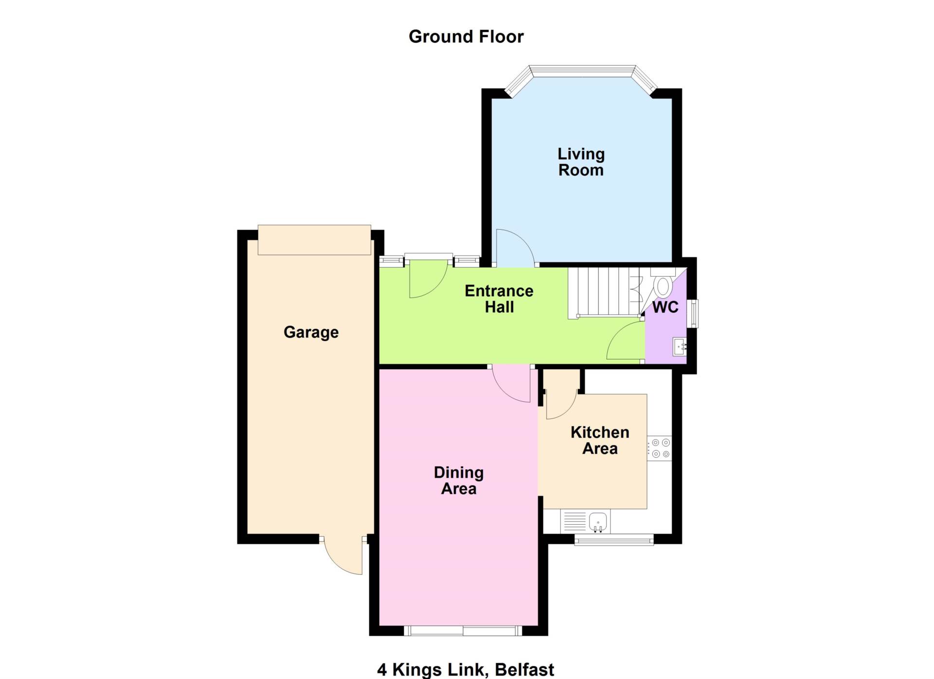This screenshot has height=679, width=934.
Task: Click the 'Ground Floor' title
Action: (x=466, y=36)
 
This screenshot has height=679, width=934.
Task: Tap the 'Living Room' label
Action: (x=581, y=162)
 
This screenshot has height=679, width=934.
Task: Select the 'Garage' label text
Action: (x=311, y=332)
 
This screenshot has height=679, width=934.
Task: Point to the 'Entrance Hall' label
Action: (x=499, y=299)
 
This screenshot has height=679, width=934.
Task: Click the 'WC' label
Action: (x=665, y=307)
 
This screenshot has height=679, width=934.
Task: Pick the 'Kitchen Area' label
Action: (x=600, y=440)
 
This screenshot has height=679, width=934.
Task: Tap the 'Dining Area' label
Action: (x=459, y=481)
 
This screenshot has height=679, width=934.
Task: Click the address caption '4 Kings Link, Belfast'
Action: (x=466, y=669)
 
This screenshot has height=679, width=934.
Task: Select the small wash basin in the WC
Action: (x=680, y=347)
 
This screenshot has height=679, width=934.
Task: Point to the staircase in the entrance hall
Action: (x=604, y=292)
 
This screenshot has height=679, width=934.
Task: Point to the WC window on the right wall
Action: (x=696, y=314)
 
